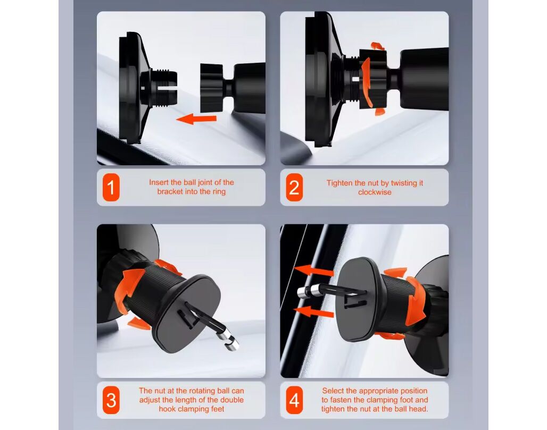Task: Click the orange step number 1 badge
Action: (111, 188)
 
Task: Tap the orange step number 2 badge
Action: (294, 188)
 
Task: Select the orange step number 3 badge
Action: (111, 400)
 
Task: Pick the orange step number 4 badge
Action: (294, 400)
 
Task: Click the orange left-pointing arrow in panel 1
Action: (196, 119)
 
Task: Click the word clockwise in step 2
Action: (375, 192)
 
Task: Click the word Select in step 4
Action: (333, 391)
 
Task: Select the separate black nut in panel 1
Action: (211, 88)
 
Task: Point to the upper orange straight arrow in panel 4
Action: (314, 271)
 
